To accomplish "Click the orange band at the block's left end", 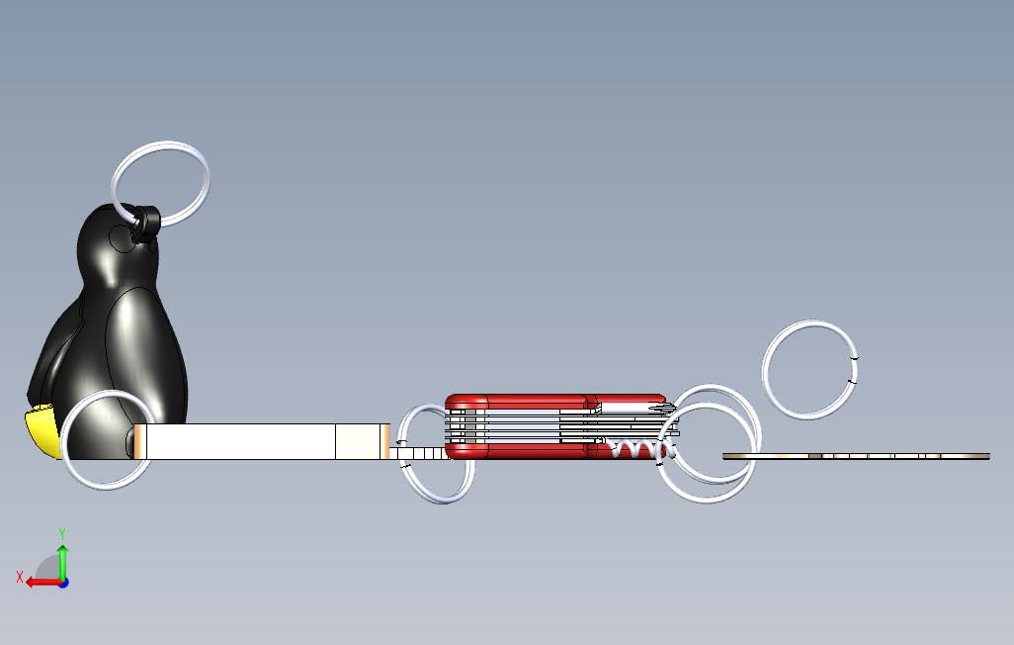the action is (x=140, y=441).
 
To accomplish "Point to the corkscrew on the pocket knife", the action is (x=637, y=450).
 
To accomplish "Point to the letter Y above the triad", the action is (x=62, y=534).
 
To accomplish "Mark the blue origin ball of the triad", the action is (x=62, y=582).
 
